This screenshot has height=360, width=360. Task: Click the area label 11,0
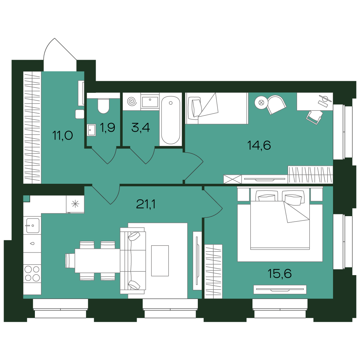[x=63, y=136]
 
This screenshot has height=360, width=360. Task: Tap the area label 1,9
[x=108, y=127]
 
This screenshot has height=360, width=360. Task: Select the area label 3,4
[x=141, y=127]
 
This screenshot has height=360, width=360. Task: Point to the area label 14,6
[x=259, y=145]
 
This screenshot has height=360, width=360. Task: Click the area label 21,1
[x=146, y=204]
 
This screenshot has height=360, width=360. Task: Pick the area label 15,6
[x=280, y=273]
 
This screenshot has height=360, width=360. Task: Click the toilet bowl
[x=103, y=106]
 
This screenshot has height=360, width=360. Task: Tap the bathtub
[x=170, y=120]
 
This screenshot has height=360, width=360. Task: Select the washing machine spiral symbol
[x=132, y=101]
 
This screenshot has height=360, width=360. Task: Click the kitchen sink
[x=32, y=226]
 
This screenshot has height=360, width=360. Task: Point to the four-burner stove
[x=32, y=273]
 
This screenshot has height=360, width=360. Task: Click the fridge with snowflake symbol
[x=75, y=204]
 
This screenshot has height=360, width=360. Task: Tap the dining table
[x=97, y=260]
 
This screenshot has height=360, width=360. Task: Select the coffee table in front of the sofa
[x=160, y=261]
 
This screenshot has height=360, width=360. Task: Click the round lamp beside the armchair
[x=261, y=102]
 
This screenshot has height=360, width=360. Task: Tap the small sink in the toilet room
[x=91, y=130]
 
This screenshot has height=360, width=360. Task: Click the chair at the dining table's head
[x=70, y=261]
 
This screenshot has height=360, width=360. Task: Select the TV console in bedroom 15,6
[x=280, y=290]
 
